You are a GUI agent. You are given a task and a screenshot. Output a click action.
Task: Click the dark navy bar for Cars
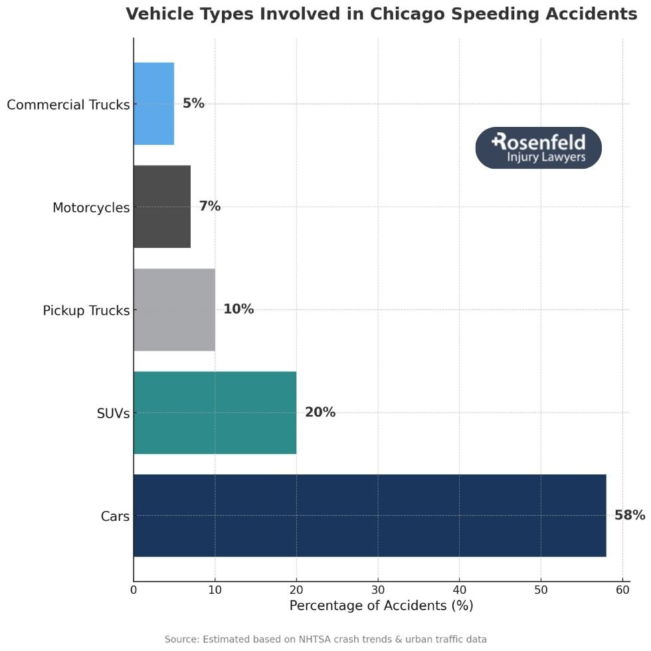pyautogui.click(x=369, y=515)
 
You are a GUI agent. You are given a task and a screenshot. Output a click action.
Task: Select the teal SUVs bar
pyautogui.click(x=215, y=413)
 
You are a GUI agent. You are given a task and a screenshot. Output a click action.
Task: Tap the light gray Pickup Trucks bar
pyautogui.click(x=174, y=310)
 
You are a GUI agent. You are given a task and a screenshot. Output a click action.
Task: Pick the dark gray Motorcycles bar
pyautogui.click(x=162, y=207)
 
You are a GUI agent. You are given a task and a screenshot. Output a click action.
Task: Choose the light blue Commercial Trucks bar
pyautogui.click(x=153, y=104)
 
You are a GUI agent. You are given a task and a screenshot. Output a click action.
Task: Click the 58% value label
pyautogui.click(x=629, y=515)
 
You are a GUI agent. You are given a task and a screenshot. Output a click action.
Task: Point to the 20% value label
pyautogui.click(x=320, y=413)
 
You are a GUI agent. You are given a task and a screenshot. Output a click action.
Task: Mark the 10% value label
pyautogui.click(x=238, y=310)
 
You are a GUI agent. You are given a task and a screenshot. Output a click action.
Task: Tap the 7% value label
pyautogui.click(x=209, y=207)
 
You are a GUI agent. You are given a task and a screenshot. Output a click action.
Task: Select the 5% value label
pyautogui.click(x=193, y=104)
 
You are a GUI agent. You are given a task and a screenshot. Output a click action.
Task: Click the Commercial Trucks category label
pyautogui.click(x=68, y=105)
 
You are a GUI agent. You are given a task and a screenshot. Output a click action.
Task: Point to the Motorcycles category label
pyautogui.click(x=91, y=208)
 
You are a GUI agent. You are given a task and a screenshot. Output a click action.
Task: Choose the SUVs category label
pyautogui.click(x=113, y=414)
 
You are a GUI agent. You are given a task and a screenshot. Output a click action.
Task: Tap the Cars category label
pyautogui.click(x=115, y=516)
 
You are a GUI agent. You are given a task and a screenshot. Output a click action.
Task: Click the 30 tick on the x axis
pyautogui.click(x=378, y=589)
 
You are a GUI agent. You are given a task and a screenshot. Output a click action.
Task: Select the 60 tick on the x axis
pyautogui.click(x=622, y=589)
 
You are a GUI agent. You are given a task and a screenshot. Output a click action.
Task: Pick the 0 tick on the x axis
pyautogui.click(x=134, y=589)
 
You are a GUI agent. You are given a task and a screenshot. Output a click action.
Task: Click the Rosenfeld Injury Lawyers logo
pyautogui.click(x=538, y=147)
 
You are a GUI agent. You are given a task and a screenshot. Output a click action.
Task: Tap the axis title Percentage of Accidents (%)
pyautogui.click(x=381, y=606)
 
